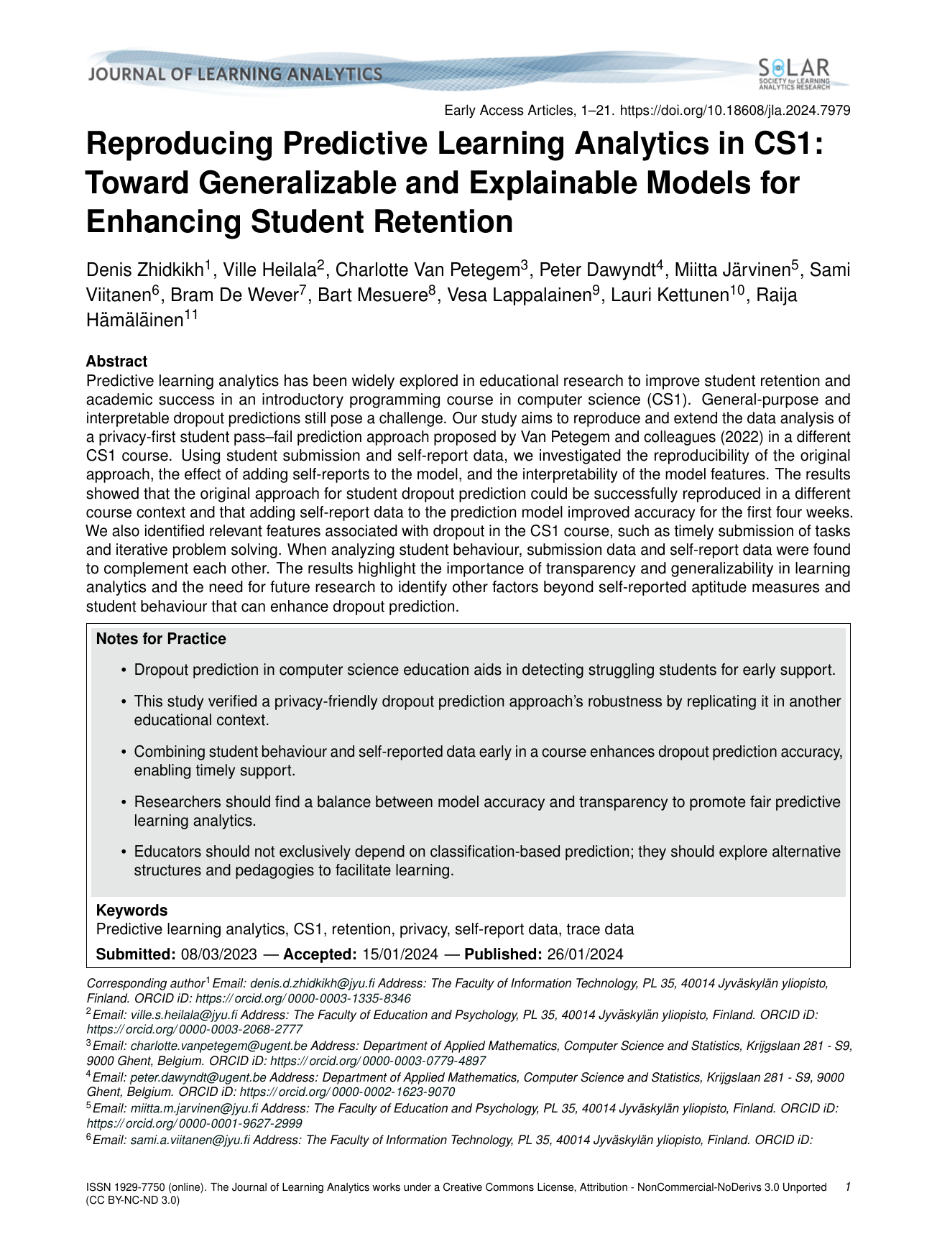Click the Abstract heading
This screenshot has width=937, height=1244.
coord(116,361)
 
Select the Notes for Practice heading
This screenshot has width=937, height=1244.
coord(161,639)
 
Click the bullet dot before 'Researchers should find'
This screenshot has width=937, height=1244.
coord(125,802)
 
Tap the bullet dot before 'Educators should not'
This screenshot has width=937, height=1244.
coord(125,852)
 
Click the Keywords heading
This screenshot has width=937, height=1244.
coord(131,910)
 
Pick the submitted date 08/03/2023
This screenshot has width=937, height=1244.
coord(219,954)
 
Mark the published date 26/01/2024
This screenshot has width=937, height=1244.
coord(585,954)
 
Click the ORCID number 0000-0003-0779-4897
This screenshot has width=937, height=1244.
coord(424,1061)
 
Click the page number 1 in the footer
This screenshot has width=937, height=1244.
coord(848,1187)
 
